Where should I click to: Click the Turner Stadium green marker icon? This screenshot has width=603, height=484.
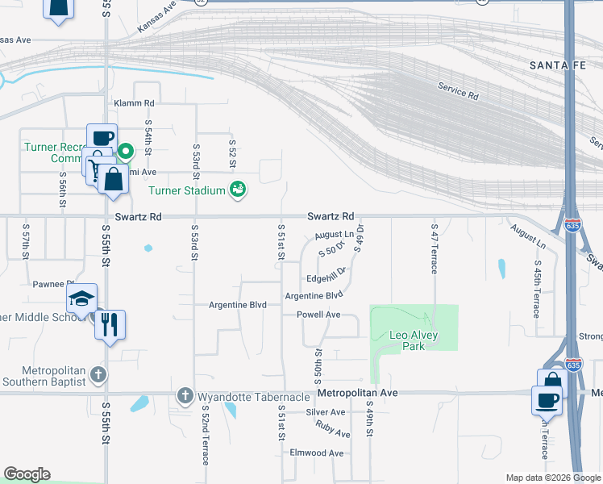click(238, 190)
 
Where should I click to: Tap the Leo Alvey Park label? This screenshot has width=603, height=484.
click(407, 340)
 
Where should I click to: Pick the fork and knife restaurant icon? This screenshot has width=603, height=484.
click(110, 324)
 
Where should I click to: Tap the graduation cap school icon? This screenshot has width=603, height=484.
click(81, 298)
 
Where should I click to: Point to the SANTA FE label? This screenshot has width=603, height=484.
click(561, 65)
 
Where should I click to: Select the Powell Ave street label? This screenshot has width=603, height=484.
click(318, 315)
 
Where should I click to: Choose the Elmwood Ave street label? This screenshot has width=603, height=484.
click(317, 453)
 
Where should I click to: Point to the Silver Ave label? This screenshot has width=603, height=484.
click(325, 412)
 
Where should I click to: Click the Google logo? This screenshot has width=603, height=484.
click(27, 474)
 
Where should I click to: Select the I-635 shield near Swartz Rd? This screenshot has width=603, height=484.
click(572, 224)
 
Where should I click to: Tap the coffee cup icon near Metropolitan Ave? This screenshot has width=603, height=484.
click(547, 399)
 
